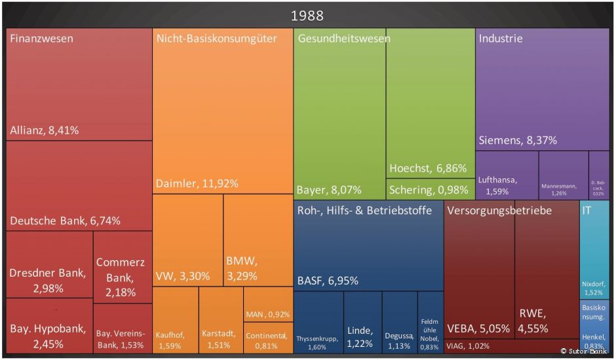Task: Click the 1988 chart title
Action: tap(307, 15)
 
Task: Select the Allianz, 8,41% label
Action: tap(45, 130)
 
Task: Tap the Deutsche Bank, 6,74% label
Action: tap(65, 221)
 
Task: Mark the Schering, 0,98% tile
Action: tap(429, 190)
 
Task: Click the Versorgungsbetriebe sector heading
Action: tap(499, 211)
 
